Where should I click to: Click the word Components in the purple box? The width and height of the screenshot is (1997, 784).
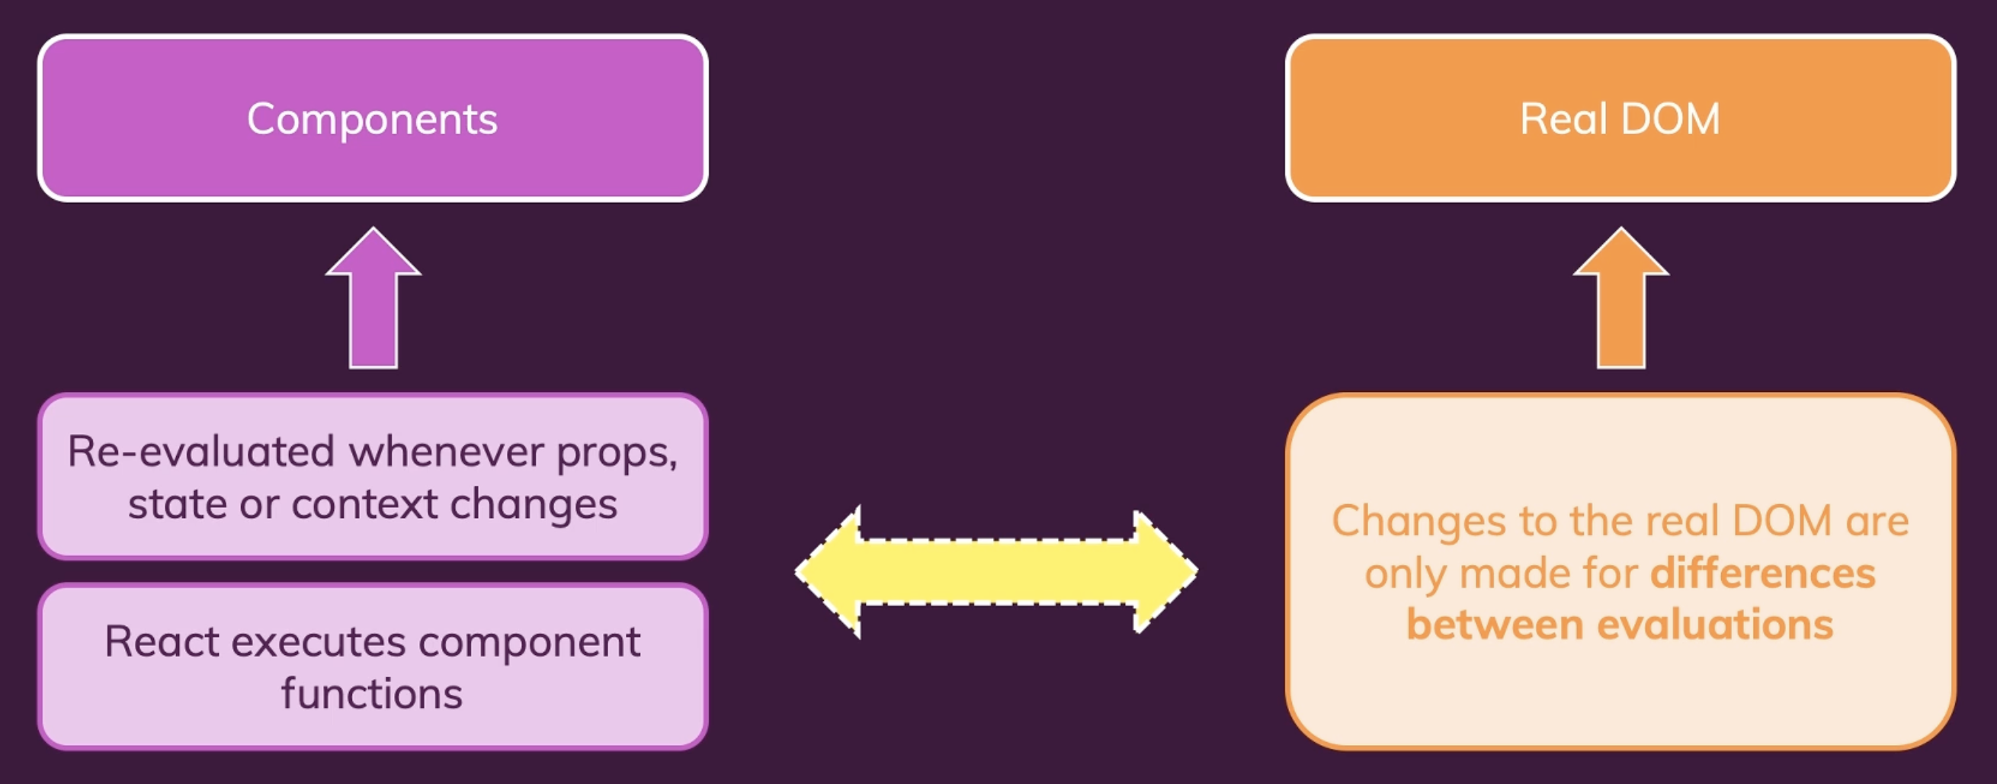[372, 120]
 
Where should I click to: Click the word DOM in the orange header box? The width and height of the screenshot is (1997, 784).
[1670, 120]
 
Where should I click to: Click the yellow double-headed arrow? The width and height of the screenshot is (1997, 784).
[996, 572]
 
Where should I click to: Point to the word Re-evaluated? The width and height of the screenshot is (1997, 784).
[200, 451]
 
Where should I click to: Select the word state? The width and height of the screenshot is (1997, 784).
[177, 504]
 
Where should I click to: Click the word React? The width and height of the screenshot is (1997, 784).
[162, 642]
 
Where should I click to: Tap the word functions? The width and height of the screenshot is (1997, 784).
[372, 693]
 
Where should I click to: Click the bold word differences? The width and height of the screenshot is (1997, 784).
[1763, 574]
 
